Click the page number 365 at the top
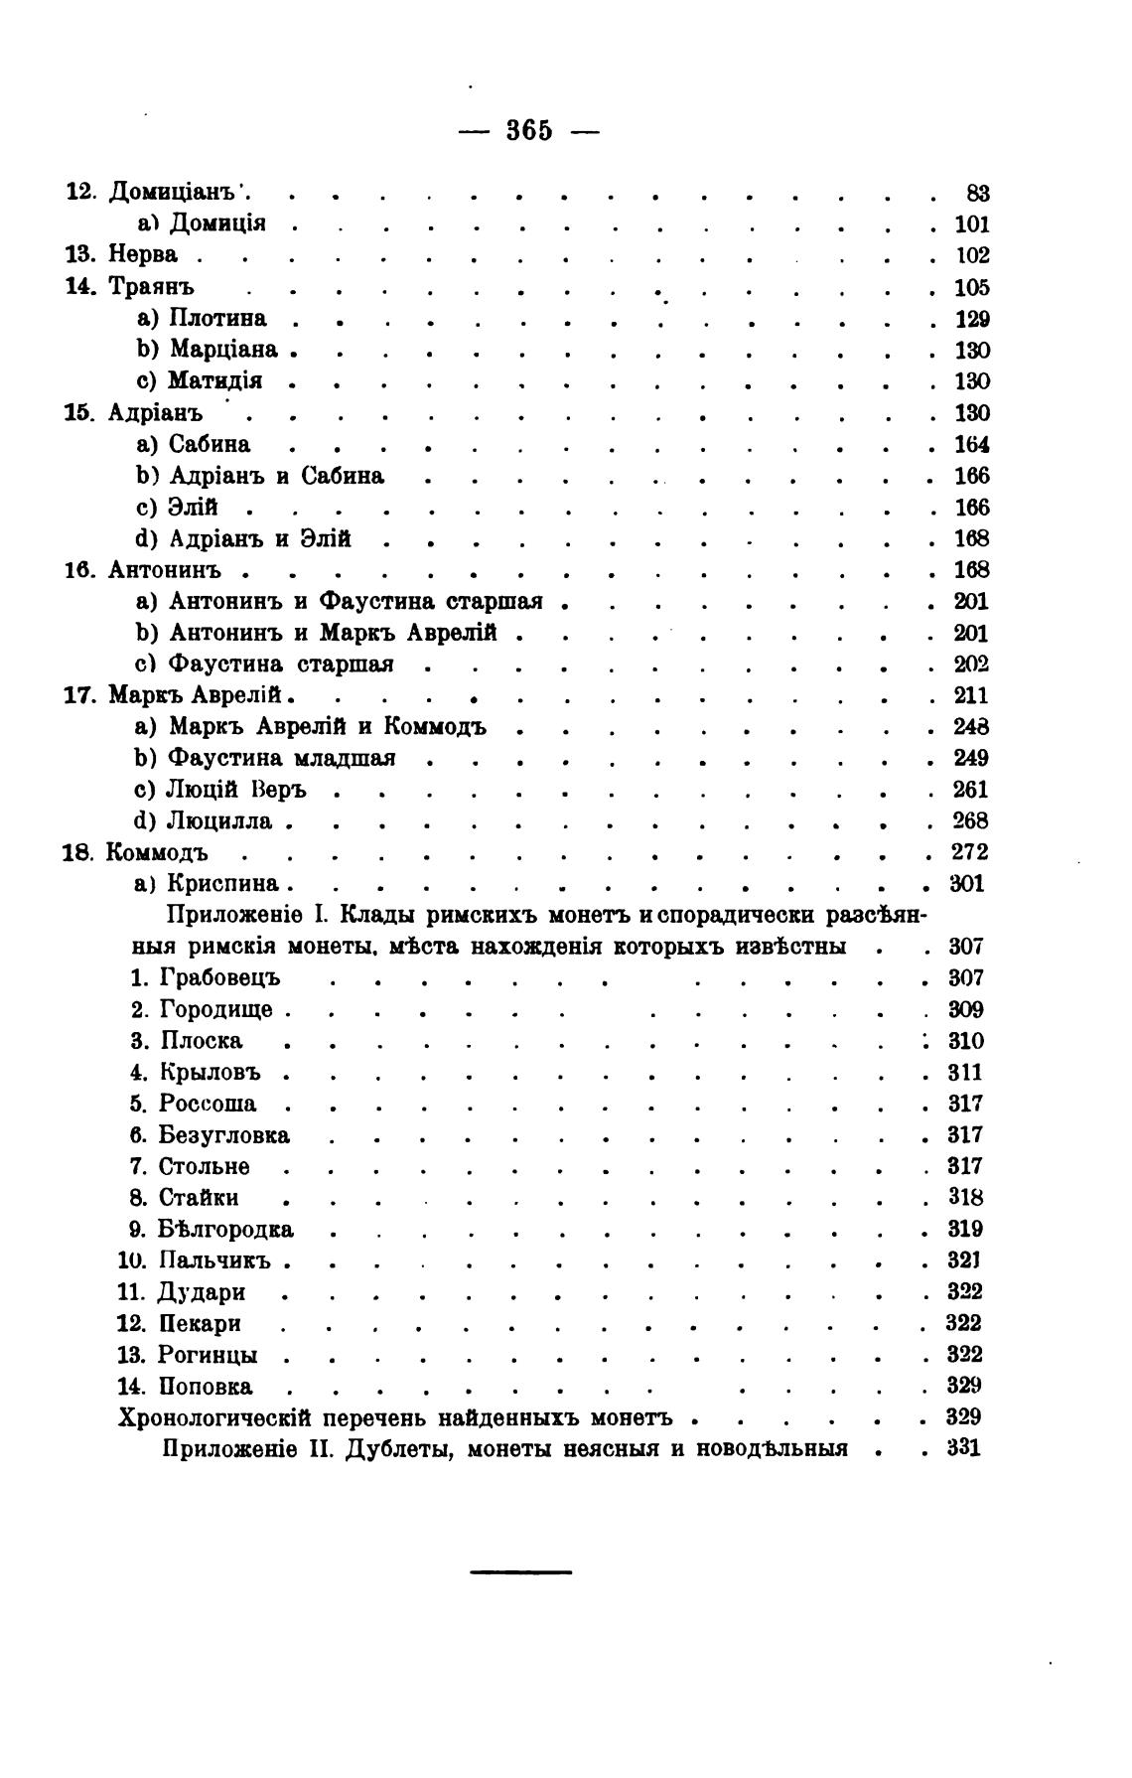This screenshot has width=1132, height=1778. [529, 130]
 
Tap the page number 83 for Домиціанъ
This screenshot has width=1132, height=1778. [977, 194]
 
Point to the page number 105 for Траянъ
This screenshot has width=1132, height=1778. [972, 288]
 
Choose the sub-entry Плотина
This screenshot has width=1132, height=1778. [217, 319]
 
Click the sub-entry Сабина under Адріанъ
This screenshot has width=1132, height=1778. [209, 444]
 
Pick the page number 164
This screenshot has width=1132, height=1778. [972, 444]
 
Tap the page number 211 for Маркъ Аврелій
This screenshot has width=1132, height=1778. [971, 694]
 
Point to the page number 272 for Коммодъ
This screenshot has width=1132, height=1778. [969, 852]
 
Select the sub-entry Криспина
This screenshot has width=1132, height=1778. [224, 884]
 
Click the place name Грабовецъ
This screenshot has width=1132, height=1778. [219, 978]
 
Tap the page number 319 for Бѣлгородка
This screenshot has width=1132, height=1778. [965, 1229]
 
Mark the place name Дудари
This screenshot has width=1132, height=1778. [202, 1292]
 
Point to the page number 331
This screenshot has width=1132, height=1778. [964, 1448]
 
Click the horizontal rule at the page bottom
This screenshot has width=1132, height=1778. [520, 1571]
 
